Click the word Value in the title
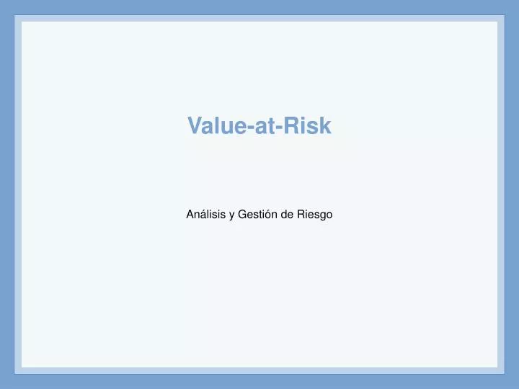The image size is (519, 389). [216, 126]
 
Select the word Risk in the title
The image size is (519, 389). [308, 126]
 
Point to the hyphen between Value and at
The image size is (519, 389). [249, 128]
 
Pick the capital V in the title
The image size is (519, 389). [195, 126]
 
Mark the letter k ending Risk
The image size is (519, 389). [325, 126]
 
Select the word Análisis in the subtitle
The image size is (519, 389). [205, 214]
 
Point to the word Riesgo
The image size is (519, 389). [315, 214]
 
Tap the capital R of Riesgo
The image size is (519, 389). [301, 214]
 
